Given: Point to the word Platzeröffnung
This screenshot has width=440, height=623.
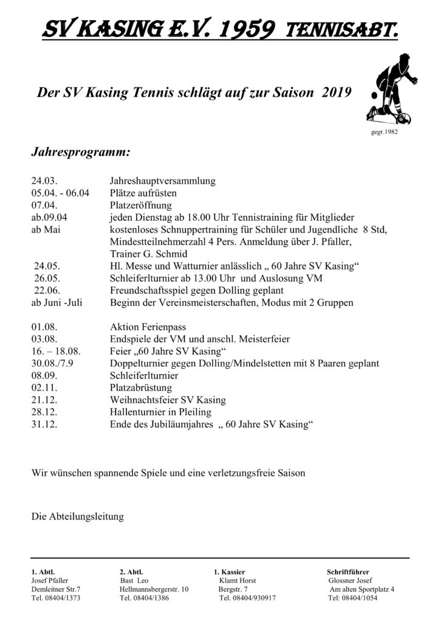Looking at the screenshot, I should pyautogui.click(x=141, y=205).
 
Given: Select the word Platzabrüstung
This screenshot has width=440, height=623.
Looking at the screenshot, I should pyautogui.click(x=141, y=388).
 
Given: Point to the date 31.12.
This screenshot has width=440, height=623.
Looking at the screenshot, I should pyautogui.click(x=45, y=424).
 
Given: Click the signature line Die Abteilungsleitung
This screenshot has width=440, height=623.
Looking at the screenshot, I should pyautogui.click(x=77, y=517).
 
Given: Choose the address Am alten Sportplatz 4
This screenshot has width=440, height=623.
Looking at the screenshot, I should pyautogui.click(x=362, y=589).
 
